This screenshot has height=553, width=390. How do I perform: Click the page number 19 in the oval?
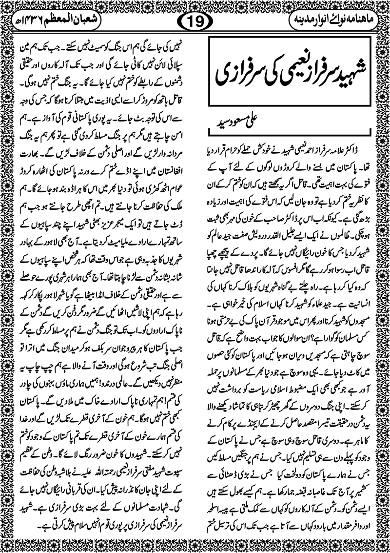pos(195,22)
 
